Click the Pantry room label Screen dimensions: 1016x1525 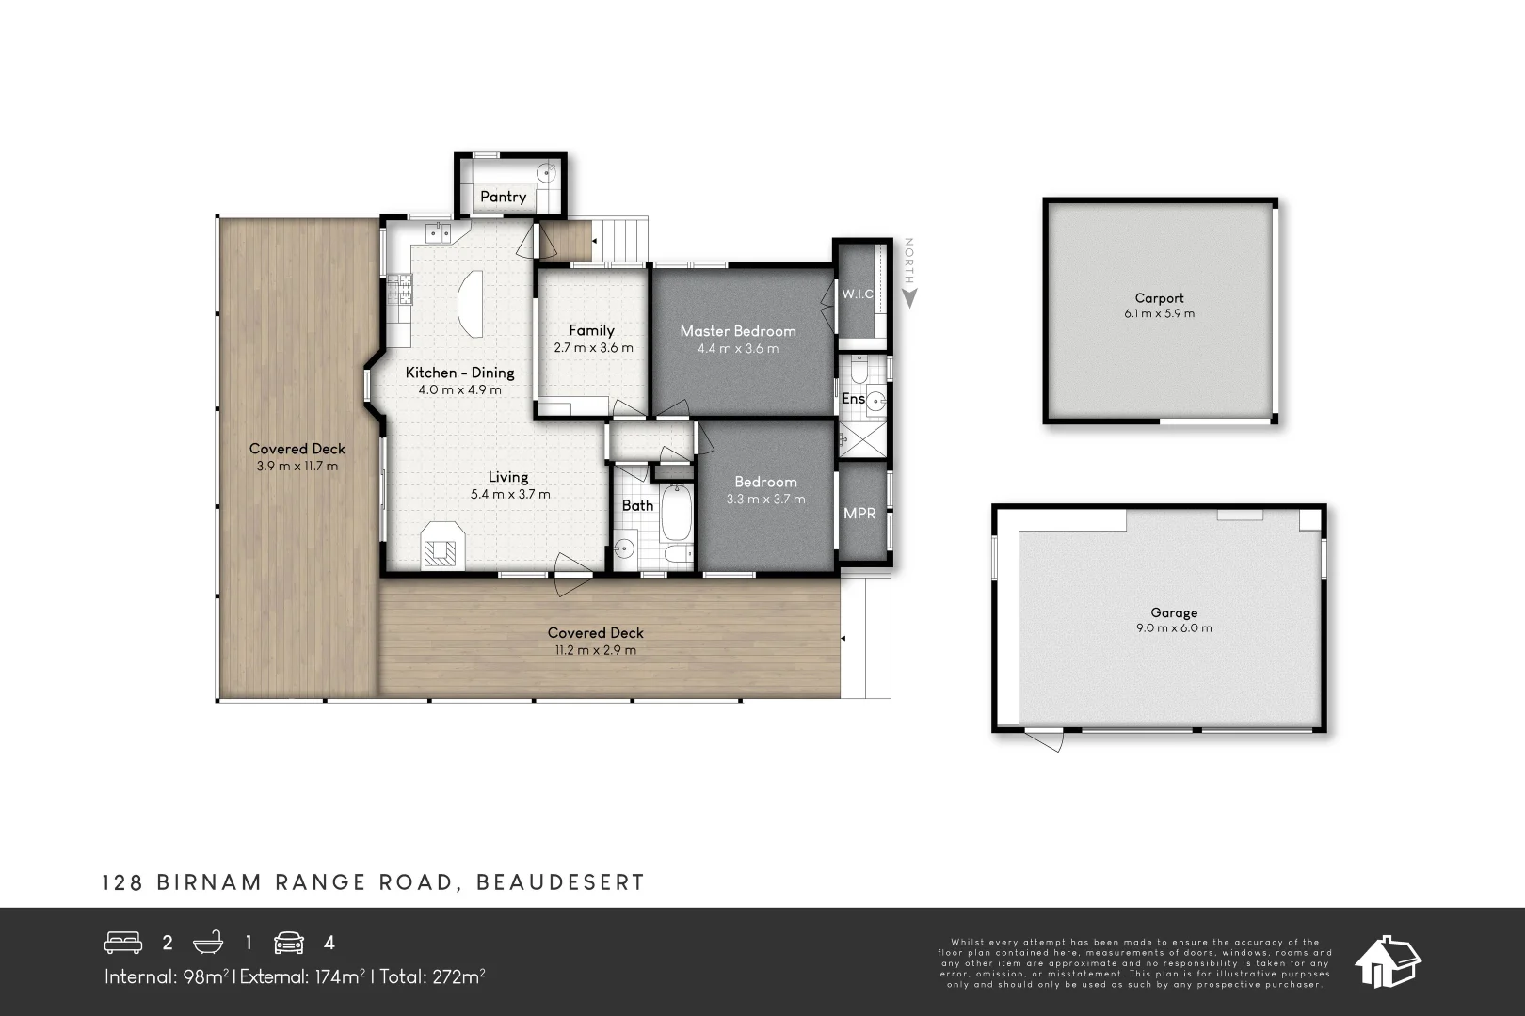tap(503, 197)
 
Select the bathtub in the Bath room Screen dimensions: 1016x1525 tap(676, 523)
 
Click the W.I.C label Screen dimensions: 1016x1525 tap(857, 294)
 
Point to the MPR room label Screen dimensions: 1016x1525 tap(859, 513)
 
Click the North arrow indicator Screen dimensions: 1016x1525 tap(909, 275)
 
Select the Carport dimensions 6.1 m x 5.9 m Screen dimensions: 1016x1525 tap(1159, 314)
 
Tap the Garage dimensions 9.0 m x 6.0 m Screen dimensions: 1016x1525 tap(1173, 628)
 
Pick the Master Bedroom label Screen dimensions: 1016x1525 tap(737, 331)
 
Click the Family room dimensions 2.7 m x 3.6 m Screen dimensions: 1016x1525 tap(593, 348)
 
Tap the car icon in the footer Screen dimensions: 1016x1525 tap(289, 943)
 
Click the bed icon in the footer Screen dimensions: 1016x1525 tap(122, 943)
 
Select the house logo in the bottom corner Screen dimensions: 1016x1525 tap(1387, 961)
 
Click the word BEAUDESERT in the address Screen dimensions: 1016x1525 tap(561, 882)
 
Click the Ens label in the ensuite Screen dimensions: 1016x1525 tap(853, 399)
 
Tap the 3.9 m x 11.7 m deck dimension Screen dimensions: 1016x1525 tap(297, 467)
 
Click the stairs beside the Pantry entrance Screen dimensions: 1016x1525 tap(622, 240)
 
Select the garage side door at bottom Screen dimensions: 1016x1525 tap(1044, 739)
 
